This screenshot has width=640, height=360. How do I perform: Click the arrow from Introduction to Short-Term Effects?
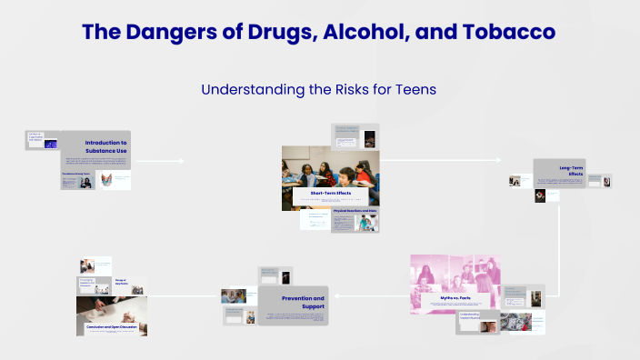click(160, 162)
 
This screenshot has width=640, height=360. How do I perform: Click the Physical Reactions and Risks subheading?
click(355, 211)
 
